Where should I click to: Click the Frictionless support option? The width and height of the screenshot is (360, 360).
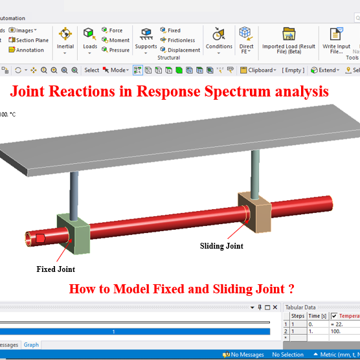(x=181, y=40)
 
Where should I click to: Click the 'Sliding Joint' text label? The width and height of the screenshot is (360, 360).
(x=221, y=246)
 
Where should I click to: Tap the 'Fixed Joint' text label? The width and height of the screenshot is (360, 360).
(x=56, y=269)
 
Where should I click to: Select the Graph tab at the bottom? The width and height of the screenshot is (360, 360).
(x=31, y=345)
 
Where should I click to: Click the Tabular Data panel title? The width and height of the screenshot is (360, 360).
(x=300, y=308)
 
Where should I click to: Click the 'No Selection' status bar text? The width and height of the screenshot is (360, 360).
(x=288, y=354)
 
